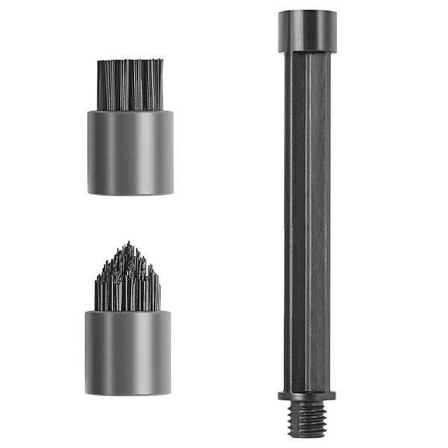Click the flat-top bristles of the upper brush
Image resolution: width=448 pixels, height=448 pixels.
(130, 84)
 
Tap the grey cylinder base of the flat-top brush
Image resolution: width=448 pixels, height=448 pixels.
(130, 152)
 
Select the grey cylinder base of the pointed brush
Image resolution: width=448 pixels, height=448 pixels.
(128, 352)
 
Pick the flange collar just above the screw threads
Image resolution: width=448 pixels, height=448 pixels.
(307, 395)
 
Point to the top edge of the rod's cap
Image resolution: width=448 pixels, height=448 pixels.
(307, 11)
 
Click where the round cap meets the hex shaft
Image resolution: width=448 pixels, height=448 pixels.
(307, 52)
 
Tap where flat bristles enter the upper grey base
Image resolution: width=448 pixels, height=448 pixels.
(130, 111)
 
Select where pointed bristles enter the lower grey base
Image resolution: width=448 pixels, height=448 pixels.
(128, 311)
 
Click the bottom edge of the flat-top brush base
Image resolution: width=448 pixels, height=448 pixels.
(130, 193)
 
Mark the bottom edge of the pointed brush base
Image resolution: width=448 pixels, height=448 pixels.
(128, 393)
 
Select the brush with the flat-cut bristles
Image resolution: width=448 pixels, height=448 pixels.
(130, 127)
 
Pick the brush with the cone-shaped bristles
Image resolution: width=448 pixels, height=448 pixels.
(128, 321)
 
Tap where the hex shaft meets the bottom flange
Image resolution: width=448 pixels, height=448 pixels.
(307, 389)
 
